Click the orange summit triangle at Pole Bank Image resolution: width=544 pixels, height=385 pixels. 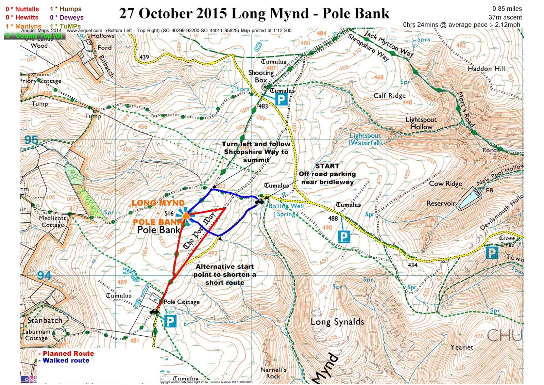[186, 215]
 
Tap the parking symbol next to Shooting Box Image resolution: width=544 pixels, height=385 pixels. [281, 99]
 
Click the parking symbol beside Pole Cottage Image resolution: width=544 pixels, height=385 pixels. [170, 321]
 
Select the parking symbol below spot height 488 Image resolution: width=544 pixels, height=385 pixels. [344, 237]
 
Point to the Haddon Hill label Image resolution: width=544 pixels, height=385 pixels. [487, 69]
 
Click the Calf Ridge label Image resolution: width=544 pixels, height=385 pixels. [390, 96]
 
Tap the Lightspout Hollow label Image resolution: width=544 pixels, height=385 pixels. [421, 123]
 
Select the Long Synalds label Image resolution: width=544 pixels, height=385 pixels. [337, 322]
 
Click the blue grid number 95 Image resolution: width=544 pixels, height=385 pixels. [31, 140]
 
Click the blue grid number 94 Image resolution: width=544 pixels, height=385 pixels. [44, 275]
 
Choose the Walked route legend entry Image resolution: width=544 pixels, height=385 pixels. [66, 360]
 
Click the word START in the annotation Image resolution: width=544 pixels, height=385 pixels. [327, 166]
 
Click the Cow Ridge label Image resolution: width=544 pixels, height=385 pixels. [445, 184]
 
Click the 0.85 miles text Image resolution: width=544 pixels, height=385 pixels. [507, 9]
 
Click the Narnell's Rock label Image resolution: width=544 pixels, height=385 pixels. [273, 373]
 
